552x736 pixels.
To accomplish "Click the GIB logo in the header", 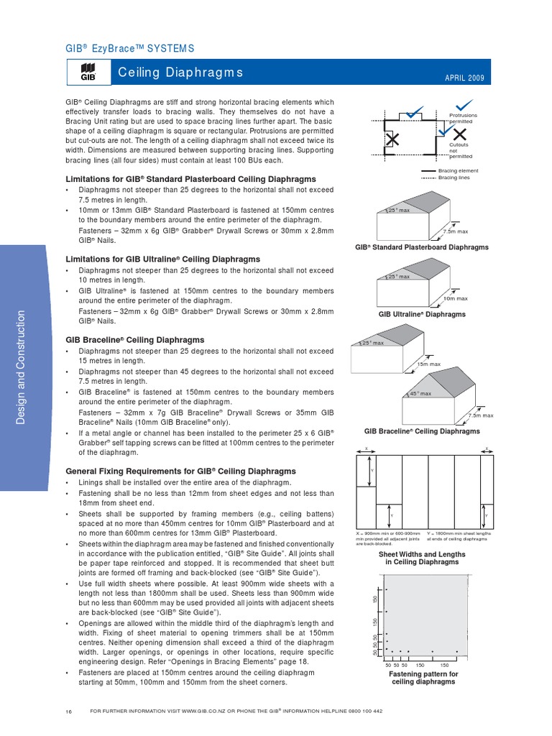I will click(88, 73).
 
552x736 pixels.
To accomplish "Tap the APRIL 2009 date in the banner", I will click(464, 78).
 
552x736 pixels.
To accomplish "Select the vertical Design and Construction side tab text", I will click(21, 366).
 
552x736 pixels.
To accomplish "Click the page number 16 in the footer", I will click(68, 712).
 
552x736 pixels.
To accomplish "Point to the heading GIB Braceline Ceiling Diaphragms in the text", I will click(134, 339).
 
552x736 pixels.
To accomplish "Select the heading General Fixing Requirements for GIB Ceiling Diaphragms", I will click(170, 471).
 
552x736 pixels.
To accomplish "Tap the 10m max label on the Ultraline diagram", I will click(455, 298).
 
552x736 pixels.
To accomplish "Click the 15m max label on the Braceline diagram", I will click(429, 365).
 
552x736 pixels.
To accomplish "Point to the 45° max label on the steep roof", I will click(420, 394).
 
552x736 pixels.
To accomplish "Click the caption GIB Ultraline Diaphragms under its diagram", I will click(422, 314).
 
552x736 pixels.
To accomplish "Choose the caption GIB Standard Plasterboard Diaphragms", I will click(422, 247).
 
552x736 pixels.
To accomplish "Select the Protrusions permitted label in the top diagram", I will click(463, 118).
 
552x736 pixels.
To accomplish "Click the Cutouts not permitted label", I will click(461, 150).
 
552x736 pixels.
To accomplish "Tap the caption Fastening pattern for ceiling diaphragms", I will click(423, 678).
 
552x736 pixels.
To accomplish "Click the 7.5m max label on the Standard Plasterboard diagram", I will click(456, 231).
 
